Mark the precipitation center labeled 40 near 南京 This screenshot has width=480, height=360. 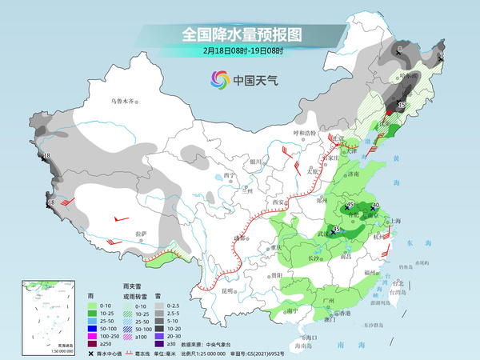click(374, 206)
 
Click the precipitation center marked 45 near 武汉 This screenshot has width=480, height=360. click(337, 231)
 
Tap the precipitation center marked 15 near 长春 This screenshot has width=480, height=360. click(401, 105)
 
